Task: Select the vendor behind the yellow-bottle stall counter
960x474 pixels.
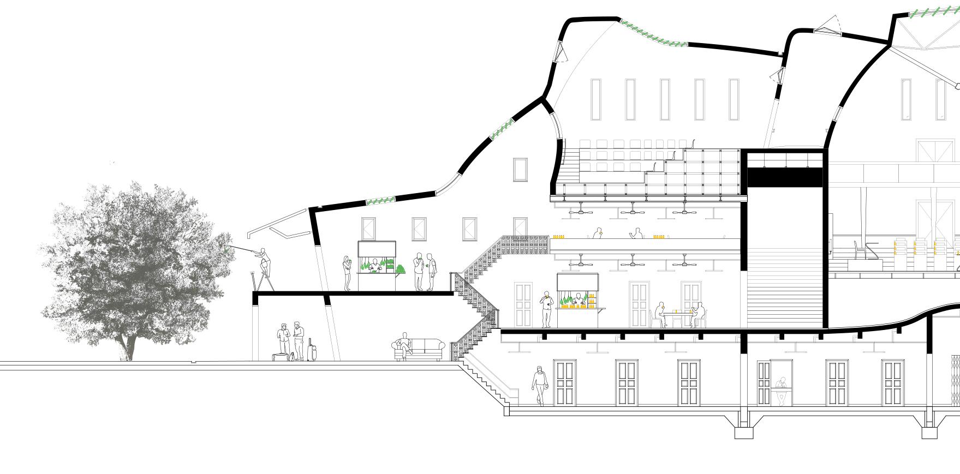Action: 578,299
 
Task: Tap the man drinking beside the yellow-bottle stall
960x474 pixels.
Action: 546,309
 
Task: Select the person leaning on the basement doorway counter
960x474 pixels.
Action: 782,390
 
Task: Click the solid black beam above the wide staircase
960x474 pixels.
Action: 784,178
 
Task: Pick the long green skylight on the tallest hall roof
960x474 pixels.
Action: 653,36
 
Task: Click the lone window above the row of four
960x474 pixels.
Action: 520,170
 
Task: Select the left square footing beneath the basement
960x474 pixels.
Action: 743,432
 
